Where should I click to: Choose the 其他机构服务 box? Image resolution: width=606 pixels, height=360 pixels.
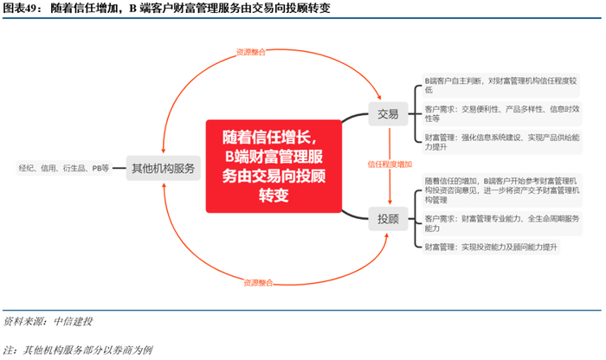163,168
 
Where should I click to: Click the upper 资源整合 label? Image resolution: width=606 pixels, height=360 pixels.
251,52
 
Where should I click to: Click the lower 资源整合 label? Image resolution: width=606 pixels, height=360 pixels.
258,282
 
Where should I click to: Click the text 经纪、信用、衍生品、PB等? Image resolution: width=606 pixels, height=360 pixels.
64,168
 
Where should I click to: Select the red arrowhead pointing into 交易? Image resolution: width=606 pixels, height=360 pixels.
378,98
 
